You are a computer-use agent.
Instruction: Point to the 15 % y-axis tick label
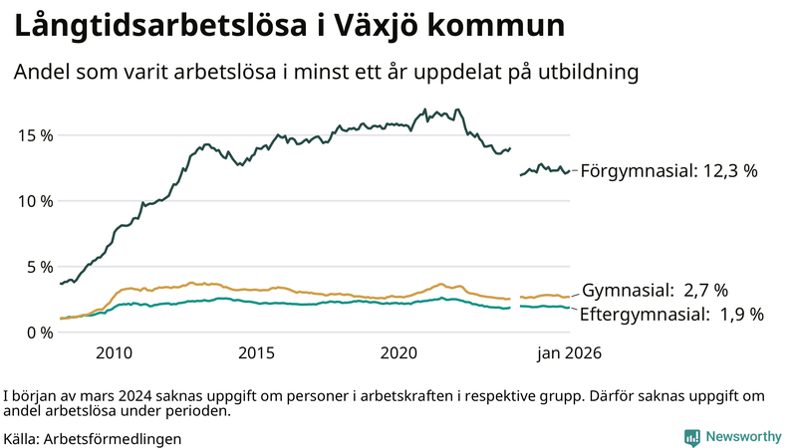(x=33, y=134)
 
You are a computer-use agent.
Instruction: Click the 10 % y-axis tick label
(x=33, y=200)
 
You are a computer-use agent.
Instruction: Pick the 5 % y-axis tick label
(x=38, y=267)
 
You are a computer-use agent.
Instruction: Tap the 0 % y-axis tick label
(x=38, y=333)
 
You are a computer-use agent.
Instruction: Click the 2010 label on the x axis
(x=114, y=353)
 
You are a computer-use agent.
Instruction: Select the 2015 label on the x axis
(x=256, y=353)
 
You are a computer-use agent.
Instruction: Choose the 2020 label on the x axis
(x=398, y=353)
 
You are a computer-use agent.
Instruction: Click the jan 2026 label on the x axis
(x=570, y=353)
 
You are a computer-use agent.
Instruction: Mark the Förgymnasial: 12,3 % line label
(x=668, y=171)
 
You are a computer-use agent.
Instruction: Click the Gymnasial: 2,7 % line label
(x=655, y=291)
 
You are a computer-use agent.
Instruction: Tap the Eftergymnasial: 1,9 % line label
(x=671, y=315)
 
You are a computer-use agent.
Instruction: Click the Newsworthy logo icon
(x=691, y=437)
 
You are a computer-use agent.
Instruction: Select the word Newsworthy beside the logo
(x=743, y=437)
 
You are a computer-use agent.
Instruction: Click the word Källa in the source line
(x=21, y=438)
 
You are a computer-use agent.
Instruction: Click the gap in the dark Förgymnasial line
(x=515, y=161)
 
